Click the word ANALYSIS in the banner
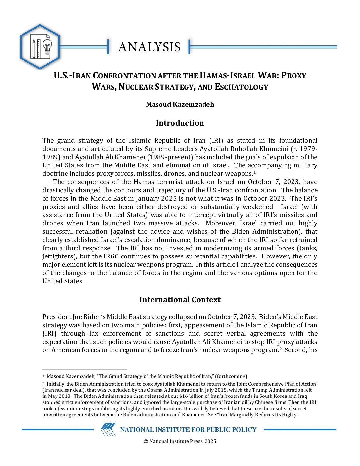point(149,47)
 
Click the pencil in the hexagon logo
point(33,48)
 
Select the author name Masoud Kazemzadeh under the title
point(180,104)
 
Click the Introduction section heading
point(180,123)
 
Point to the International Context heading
point(180,300)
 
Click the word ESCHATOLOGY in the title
point(242,87)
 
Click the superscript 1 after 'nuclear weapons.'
point(255,172)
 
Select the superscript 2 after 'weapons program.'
point(280,349)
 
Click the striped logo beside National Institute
point(108,429)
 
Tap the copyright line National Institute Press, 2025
point(180,441)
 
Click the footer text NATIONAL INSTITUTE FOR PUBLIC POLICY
point(188,430)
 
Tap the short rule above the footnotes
point(85,369)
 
